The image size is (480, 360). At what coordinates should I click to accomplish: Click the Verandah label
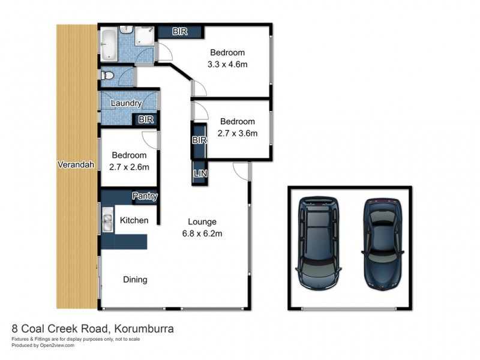click(x=76, y=164)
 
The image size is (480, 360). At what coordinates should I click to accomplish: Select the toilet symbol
click(x=107, y=76)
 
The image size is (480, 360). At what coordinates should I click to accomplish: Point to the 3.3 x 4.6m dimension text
click(x=227, y=64)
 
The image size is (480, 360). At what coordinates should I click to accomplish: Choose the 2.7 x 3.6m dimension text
click(x=237, y=133)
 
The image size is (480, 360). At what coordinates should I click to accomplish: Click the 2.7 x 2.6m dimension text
click(x=129, y=167)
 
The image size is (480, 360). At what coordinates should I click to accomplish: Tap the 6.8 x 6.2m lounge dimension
click(x=202, y=233)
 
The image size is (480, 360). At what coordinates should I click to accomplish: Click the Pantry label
click(x=145, y=196)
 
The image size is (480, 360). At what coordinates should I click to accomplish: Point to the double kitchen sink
click(x=107, y=220)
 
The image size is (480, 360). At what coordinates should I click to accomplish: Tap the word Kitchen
click(x=134, y=220)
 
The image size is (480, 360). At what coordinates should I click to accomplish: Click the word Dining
click(x=135, y=279)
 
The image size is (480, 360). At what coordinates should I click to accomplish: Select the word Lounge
click(x=202, y=221)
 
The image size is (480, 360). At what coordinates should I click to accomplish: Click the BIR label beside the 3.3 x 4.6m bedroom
click(x=180, y=32)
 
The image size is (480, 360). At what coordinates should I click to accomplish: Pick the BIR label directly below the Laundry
click(x=146, y=120)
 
